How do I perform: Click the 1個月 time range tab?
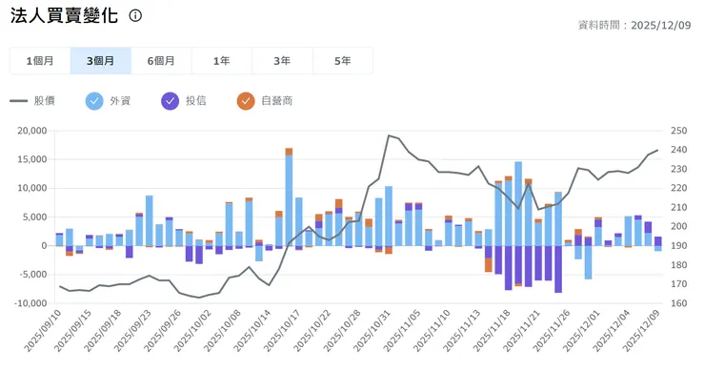[x=40, y=61]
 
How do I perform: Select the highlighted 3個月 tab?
[x=101, y=61]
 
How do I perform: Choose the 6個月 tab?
[x=161, y=61]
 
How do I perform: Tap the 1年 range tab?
[x=222, y=61]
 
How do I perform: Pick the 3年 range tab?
[x=282, y=61]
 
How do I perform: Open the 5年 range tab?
[x=342, y=61]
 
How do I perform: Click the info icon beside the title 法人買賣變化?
[x=136, y=16]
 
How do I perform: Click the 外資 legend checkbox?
[x=94, y=100]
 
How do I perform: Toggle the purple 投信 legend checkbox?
[x=171, y=100]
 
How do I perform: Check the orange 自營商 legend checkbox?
[x=246, y=100]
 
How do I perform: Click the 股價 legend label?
[x=45, y=100]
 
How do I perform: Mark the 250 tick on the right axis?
[x=678, y=131]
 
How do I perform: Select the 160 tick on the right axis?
[x=678, y=303]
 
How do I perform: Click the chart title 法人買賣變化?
[x=63, y=17]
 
